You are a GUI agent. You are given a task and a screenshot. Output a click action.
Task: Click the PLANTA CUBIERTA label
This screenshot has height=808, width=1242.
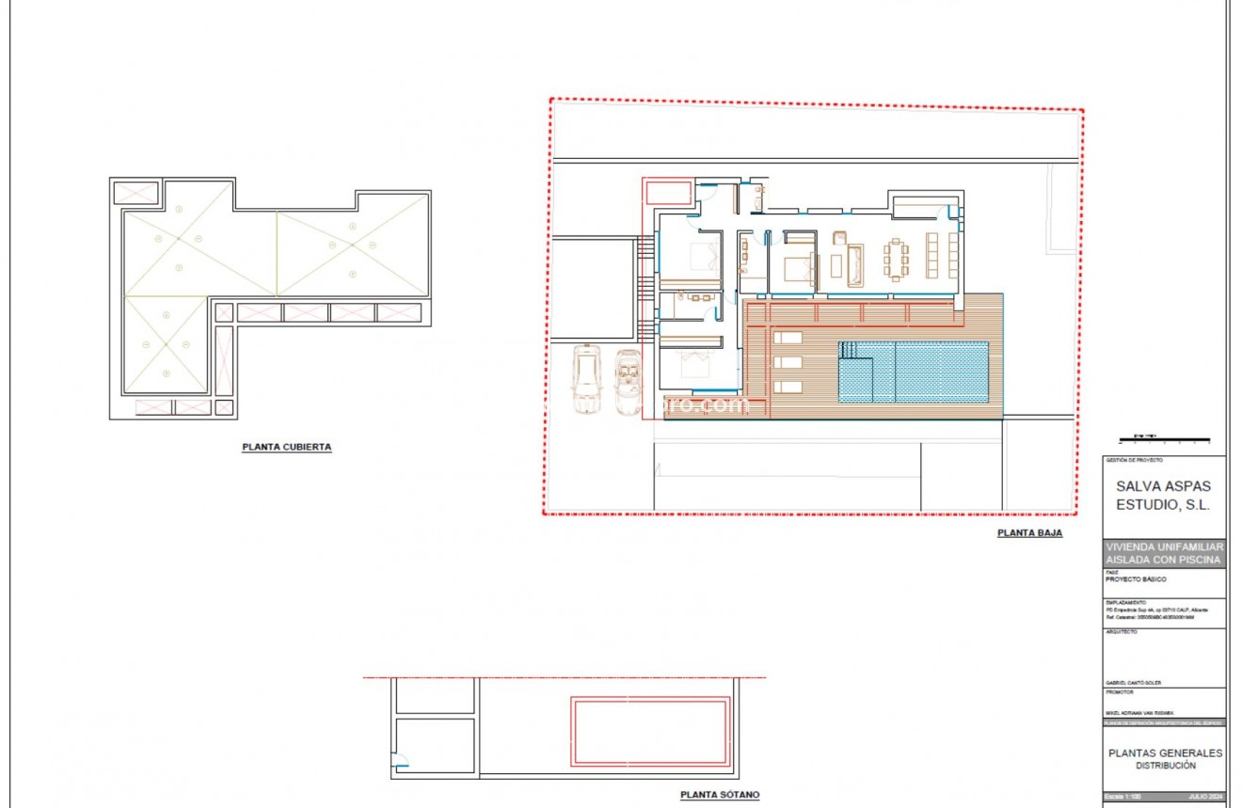click(287, 448)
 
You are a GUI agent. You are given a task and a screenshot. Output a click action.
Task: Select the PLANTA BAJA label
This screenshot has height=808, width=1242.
click(1029, 533)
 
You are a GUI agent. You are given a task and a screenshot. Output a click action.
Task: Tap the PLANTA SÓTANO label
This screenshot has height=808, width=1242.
click(720, 795)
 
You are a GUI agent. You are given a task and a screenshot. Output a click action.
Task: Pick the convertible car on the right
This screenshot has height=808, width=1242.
click(627, 381)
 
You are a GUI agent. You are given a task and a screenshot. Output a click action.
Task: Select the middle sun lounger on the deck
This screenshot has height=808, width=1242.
click(788, 362)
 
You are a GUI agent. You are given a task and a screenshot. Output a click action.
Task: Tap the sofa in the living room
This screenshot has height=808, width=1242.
click(855, 264)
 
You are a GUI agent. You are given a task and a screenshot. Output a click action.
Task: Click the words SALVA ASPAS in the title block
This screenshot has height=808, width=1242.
click(1163, 486)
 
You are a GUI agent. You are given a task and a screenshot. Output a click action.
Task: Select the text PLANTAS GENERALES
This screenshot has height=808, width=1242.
click(1165, 753)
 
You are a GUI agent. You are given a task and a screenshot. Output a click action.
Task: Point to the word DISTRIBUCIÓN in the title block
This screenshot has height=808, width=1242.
click(1165, 766)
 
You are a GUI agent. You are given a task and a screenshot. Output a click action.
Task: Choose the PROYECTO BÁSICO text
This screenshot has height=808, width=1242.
click(1136, 579)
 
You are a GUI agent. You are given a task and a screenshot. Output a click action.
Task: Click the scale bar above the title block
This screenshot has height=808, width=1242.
click(1163, 439)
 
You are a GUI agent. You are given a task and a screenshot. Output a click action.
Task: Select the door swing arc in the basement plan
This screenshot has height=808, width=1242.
click(400, 762)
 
